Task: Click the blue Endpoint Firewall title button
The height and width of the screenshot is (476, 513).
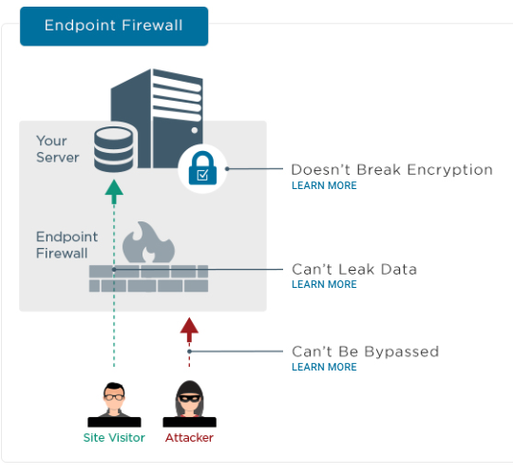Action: [114, 27]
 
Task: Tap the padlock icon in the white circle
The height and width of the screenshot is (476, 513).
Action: [202, 168]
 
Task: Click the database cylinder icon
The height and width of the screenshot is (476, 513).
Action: [114, 149]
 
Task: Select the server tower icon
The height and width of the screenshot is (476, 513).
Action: [157, 119]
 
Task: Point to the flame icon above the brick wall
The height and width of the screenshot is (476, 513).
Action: [148, 242]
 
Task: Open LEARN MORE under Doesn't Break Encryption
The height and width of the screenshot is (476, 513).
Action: [324, 185]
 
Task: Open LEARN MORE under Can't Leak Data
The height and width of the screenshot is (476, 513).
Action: [324, 284]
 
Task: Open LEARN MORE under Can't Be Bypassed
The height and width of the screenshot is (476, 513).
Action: [324, 367]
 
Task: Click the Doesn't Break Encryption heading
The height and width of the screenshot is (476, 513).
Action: [392, 170]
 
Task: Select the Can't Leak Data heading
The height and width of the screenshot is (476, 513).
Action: [354, 269]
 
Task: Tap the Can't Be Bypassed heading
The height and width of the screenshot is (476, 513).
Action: [365, 352]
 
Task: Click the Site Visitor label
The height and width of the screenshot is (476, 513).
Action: [114, 437]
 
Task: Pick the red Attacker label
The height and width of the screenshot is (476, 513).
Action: [189, 437]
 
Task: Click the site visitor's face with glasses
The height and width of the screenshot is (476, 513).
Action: [114, 397]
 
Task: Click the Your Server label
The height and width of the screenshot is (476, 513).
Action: [58, 149]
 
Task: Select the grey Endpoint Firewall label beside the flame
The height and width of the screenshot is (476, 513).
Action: [66, 245]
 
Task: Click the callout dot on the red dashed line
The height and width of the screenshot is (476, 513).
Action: [189, 352]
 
